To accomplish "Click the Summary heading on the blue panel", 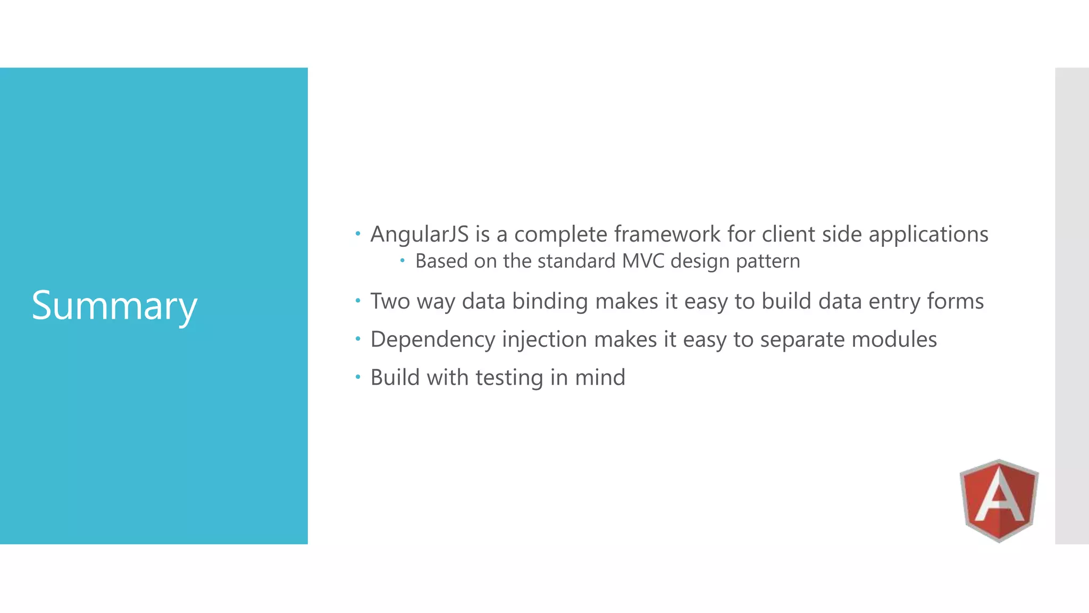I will point(114,305).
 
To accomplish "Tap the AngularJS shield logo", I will point(999,501).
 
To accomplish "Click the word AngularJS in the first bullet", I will point(420,234).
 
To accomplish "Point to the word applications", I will point(928,234).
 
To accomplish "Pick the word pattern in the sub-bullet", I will point(768,261).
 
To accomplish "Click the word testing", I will point(509,378).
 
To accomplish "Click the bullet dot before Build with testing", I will point(358,377).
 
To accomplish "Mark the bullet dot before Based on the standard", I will point(403,260).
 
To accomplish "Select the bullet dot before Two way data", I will point(358,301).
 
